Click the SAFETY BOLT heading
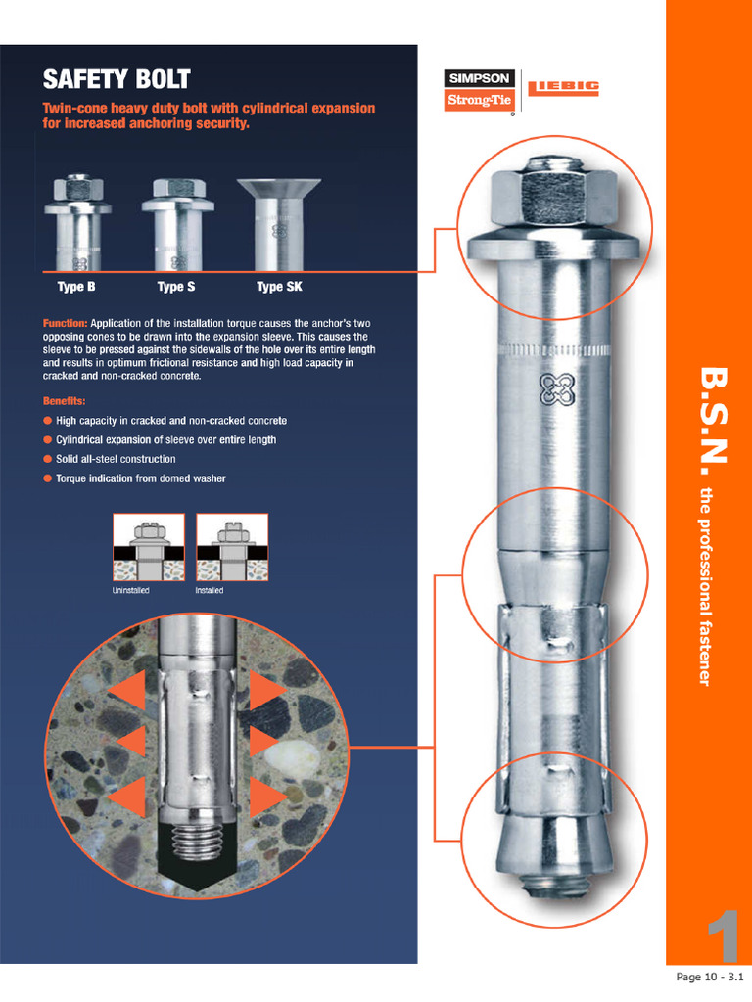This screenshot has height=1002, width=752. click(x=117, y=79)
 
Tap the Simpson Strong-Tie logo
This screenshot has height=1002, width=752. click(x=479, y=90)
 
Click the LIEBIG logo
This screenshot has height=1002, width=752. click(x=563, y=89)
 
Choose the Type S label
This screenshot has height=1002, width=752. click(x=176, y=287)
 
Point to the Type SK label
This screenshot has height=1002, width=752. click(x=279, y=287)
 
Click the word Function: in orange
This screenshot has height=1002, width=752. click(x=65, y=323)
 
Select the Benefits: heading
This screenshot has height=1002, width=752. click(x=64, y=401)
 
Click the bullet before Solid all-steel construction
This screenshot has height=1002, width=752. click(x=47, y=459)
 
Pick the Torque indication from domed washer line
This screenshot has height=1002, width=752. click(x=140, y=478)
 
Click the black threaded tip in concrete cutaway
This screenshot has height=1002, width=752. click(x=200, y=852)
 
